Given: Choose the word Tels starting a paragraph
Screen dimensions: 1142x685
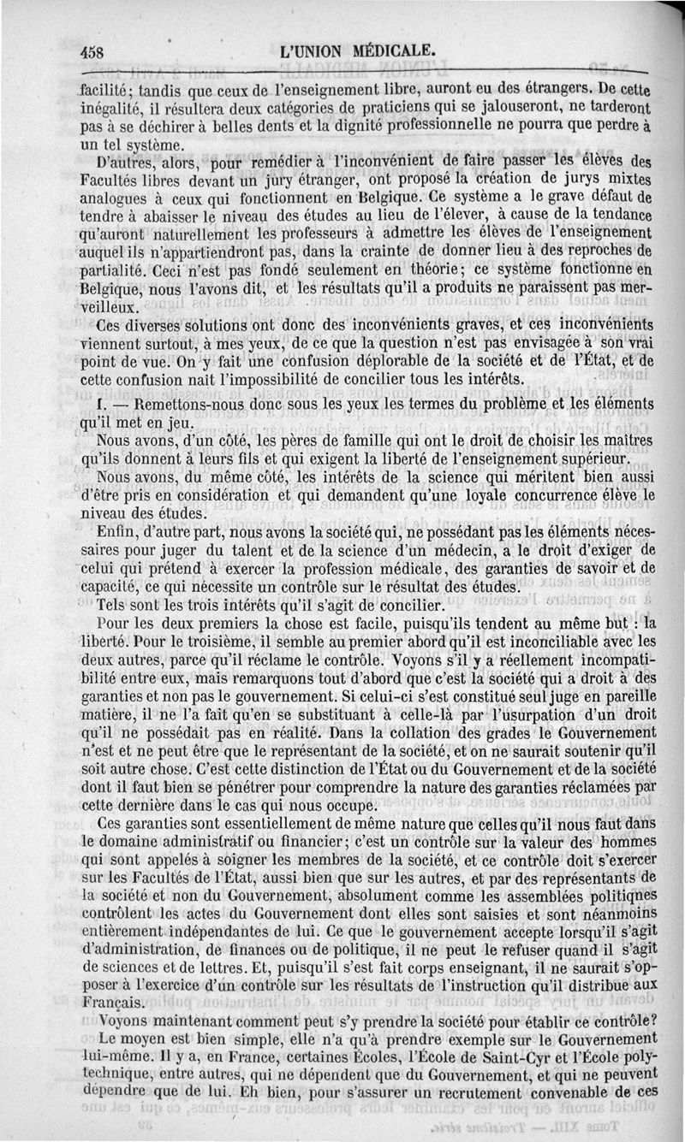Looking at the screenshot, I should pos(114,606).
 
